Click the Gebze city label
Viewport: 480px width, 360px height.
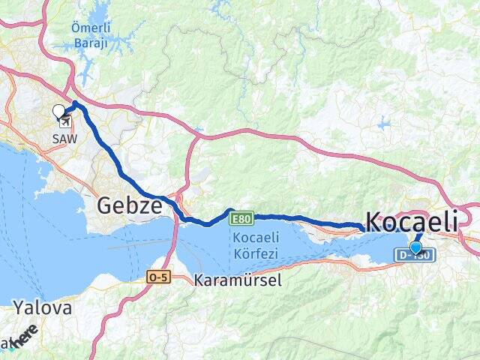(130, 205)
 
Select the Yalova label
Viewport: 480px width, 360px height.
(42, 308)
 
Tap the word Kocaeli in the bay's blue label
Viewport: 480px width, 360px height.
(256, 237)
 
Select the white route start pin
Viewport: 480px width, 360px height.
(59, 112)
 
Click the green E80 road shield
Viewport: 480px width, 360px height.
(241, 218)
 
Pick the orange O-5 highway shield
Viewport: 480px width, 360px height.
(158, 277)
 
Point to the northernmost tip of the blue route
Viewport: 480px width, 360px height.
(76, 102)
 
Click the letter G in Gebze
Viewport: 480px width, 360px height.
(106, 205)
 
